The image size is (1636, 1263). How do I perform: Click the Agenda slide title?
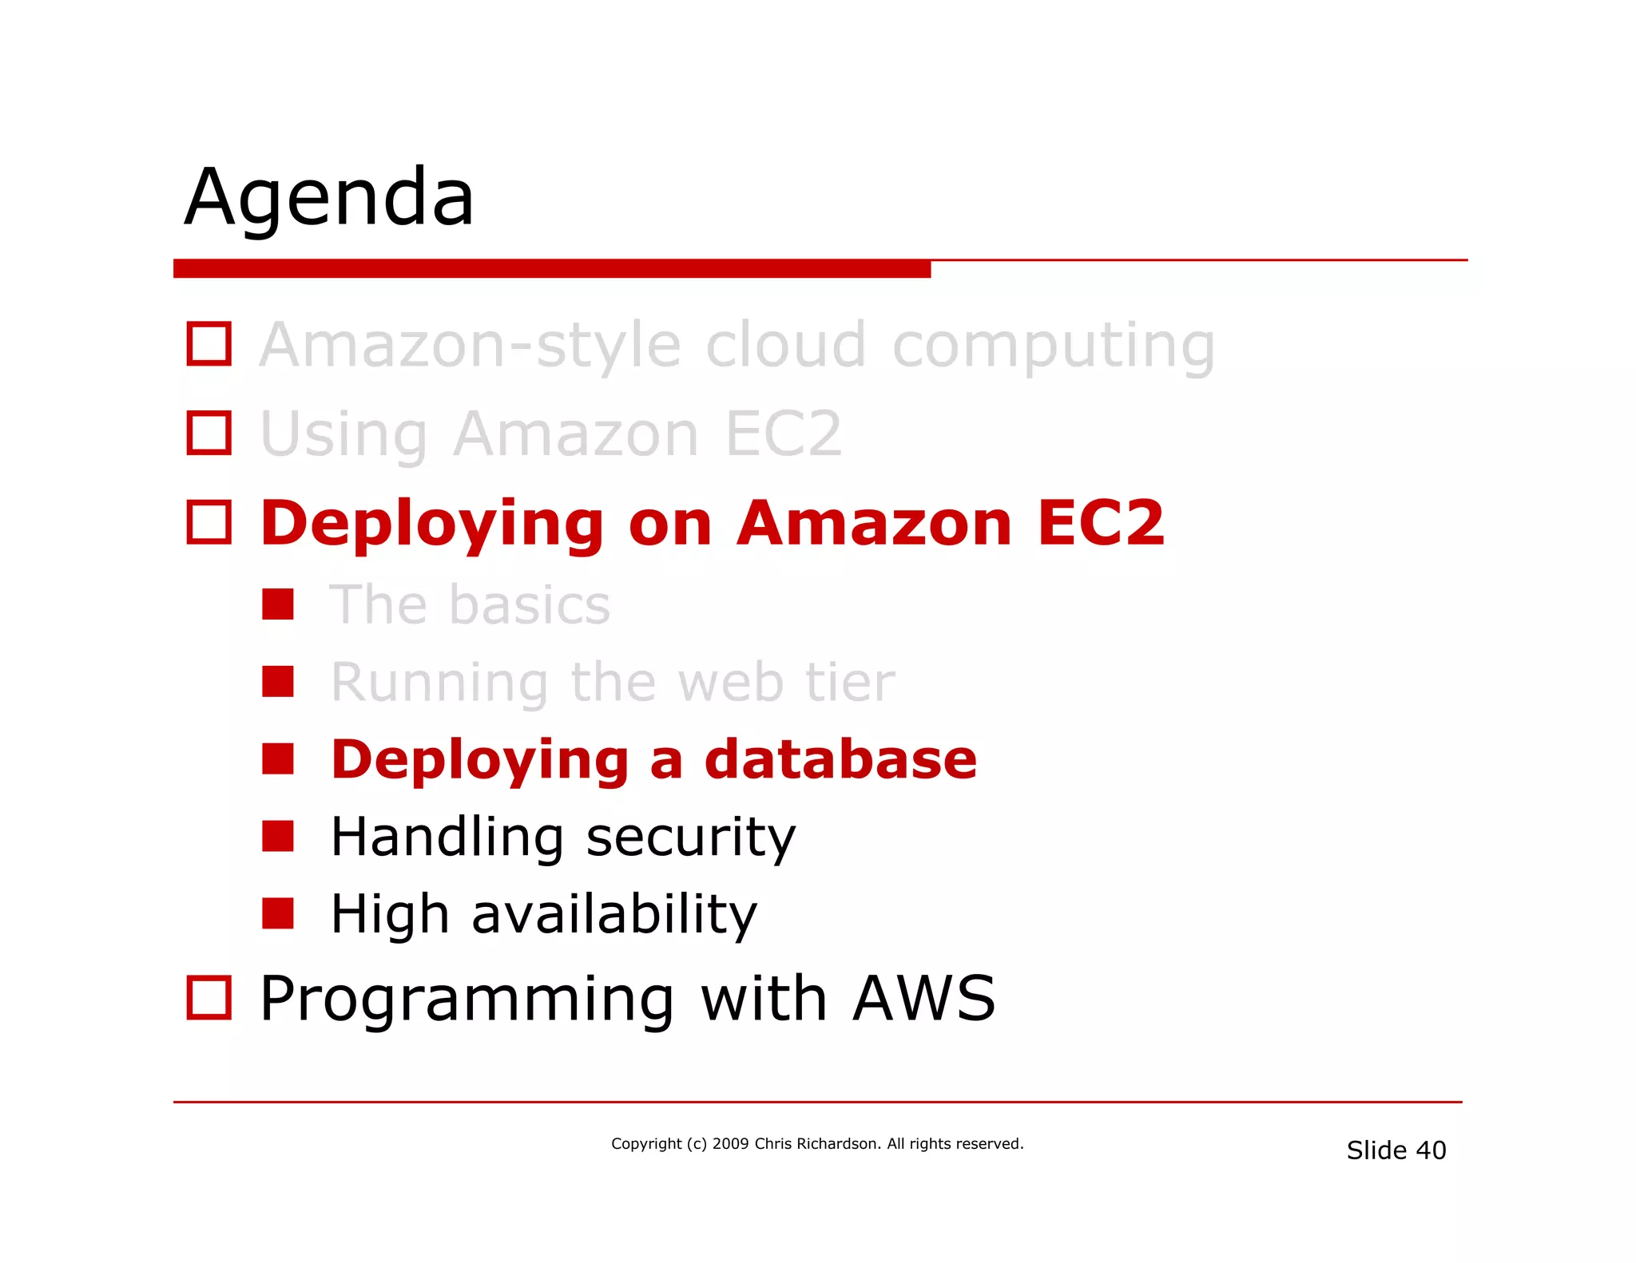(330, 198)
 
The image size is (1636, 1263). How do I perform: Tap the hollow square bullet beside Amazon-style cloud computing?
(209, 344)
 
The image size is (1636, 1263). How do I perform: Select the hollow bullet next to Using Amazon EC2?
(209, 434)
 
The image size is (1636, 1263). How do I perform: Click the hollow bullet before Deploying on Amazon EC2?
(209, 523)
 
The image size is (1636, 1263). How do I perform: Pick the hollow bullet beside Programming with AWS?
(209, 998)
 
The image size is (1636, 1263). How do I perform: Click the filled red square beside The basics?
(278, 604)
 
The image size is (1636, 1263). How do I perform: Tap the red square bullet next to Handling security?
(278, 837)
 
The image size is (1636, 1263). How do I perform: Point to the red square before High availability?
(278, 913)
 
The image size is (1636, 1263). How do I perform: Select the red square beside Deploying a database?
(278, 759)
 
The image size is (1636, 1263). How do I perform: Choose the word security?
(691, 838)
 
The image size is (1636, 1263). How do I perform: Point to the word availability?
(614, 915)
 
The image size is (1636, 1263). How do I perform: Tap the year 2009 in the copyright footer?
(730, 1144)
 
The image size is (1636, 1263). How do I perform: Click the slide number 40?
(1431, 1150)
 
